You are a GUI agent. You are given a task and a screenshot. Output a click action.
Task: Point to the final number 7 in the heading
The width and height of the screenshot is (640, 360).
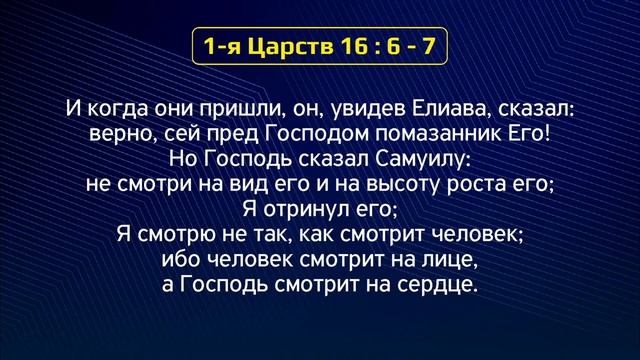tap(436, 46)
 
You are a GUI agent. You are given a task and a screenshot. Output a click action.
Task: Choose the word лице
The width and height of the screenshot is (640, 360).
tap(452, 262)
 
